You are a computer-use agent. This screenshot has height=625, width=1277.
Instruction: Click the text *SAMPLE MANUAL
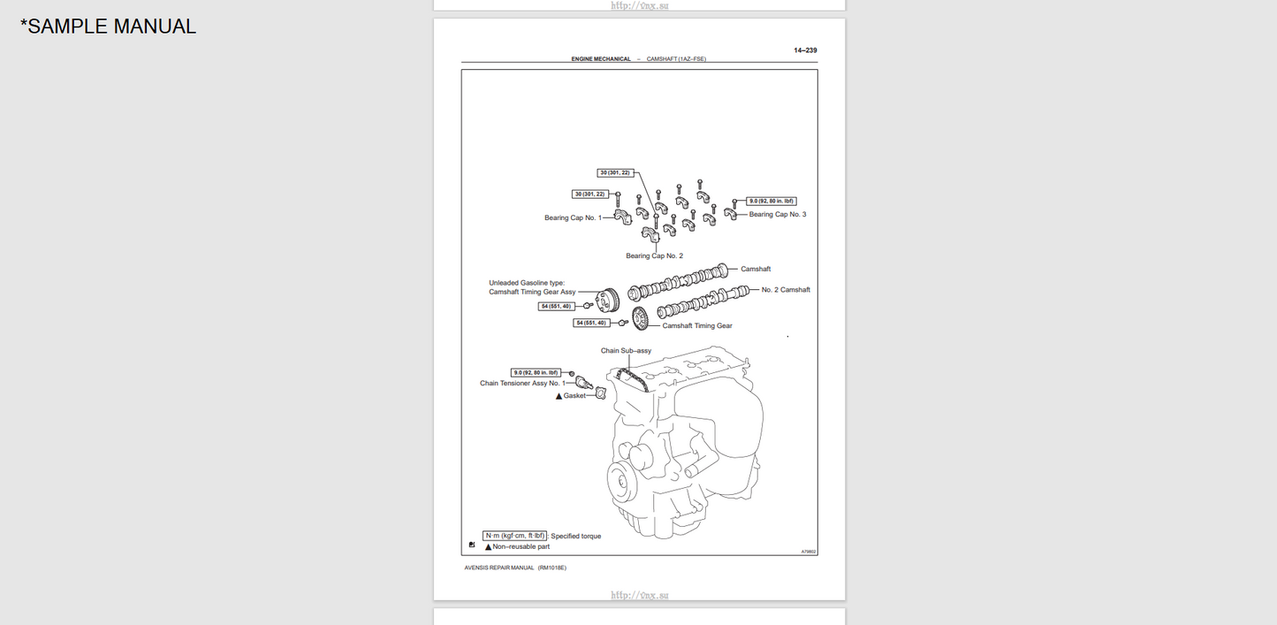pyautogui.click(x=108, y=27)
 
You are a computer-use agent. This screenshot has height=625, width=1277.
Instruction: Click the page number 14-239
pyautogui.click(x=805, y=50)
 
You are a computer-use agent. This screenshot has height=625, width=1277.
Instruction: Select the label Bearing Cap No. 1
pyautogui.click(x=573, y=217)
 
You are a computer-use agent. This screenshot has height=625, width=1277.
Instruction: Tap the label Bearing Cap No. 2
pyautogui.click(x=654, y=255)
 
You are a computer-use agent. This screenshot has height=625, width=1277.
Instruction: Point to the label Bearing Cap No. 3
pyautogui.click(x=777, y=214)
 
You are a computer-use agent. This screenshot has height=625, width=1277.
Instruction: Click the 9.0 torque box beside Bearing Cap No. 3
pyautogui.click(x=771, y=202)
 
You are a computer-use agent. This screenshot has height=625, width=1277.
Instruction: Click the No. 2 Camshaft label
pyautogui.click(x=785, y=290)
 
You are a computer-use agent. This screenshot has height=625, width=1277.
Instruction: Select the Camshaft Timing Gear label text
pyautogui.click(x=697, y=325)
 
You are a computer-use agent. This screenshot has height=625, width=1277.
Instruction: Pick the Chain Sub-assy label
pyautogui.click(x=626, y=351)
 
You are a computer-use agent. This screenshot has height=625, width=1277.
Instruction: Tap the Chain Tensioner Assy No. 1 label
pyautogui.click(x=522, y=384)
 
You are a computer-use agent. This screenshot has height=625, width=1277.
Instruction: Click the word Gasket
pyautogui.click(x=574, y=396)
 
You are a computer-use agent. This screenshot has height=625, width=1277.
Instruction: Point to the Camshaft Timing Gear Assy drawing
pyautogui.click(x=607, y=301)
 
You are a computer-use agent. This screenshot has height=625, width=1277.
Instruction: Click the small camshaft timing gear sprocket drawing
pyautogui.click(x=642, y=317)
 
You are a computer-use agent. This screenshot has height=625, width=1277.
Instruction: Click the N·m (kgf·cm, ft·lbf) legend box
pyautogui.click(x=515, y=536)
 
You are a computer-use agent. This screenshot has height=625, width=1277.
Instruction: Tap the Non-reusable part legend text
pyautogui.click(x=521, y=546)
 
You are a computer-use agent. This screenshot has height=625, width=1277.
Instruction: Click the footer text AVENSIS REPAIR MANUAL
pyautogui.click(x=499, y=568)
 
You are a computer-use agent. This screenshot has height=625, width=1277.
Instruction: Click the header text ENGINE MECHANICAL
pyautogui.click(x=601, y=59)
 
